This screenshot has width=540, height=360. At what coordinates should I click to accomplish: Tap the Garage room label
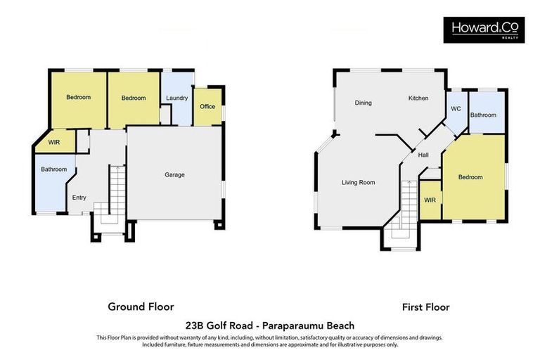(174, 174)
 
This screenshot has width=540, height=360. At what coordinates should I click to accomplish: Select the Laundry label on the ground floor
(176, 98)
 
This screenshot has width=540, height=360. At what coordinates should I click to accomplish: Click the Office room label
(207, 107)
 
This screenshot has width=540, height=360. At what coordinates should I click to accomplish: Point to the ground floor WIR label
(54, 143)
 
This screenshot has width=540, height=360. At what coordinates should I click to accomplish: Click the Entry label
(79, 198)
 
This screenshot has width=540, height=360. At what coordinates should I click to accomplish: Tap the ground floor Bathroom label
(53, 169)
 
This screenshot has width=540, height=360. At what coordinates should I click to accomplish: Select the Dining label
(363, 103)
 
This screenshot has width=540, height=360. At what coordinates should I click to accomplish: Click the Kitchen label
(418, 98)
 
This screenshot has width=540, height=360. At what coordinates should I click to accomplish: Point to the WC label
(456, 109)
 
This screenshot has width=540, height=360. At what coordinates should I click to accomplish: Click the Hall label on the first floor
(423, 155)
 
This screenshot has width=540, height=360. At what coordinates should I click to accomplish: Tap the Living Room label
(358, 183)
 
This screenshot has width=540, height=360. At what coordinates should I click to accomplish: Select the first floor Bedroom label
(470, 177)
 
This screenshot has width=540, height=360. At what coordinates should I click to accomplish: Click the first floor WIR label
(430, 200)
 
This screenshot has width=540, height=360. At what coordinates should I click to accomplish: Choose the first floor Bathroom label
(483, 115)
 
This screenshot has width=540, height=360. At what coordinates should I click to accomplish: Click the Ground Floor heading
(141, 307)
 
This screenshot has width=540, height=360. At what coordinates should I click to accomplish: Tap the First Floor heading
(425, 307)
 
